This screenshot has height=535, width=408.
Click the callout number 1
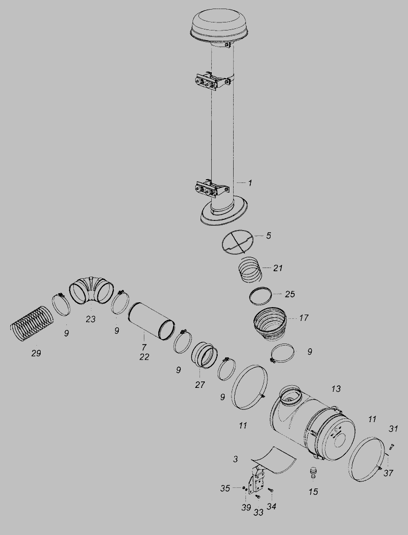pos(250,183)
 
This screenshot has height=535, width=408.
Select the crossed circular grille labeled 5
pos(238,242)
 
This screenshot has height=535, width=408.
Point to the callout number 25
pos(290,294)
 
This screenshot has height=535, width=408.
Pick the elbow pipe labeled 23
pos(91,289)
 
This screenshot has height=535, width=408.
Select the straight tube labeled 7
pos(151,320)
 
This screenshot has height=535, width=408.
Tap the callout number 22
pos(144,357)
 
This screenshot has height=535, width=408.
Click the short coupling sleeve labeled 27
pos(204,355)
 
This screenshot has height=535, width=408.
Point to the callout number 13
pos(336,388)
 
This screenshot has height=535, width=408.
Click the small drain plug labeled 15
pos(313,472)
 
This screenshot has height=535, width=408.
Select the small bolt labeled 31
pos(391,446)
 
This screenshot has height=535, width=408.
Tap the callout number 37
pos(388,473)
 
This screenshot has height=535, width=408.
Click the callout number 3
pos(235,459)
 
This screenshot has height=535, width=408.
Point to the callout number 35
pos(225,488)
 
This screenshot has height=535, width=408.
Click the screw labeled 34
pos(271,490)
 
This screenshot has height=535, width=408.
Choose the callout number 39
pos(246,508)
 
